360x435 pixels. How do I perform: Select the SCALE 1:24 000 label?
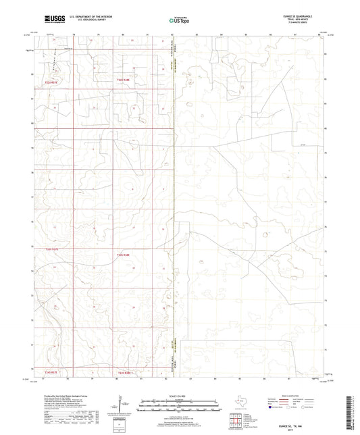(180, 396)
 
